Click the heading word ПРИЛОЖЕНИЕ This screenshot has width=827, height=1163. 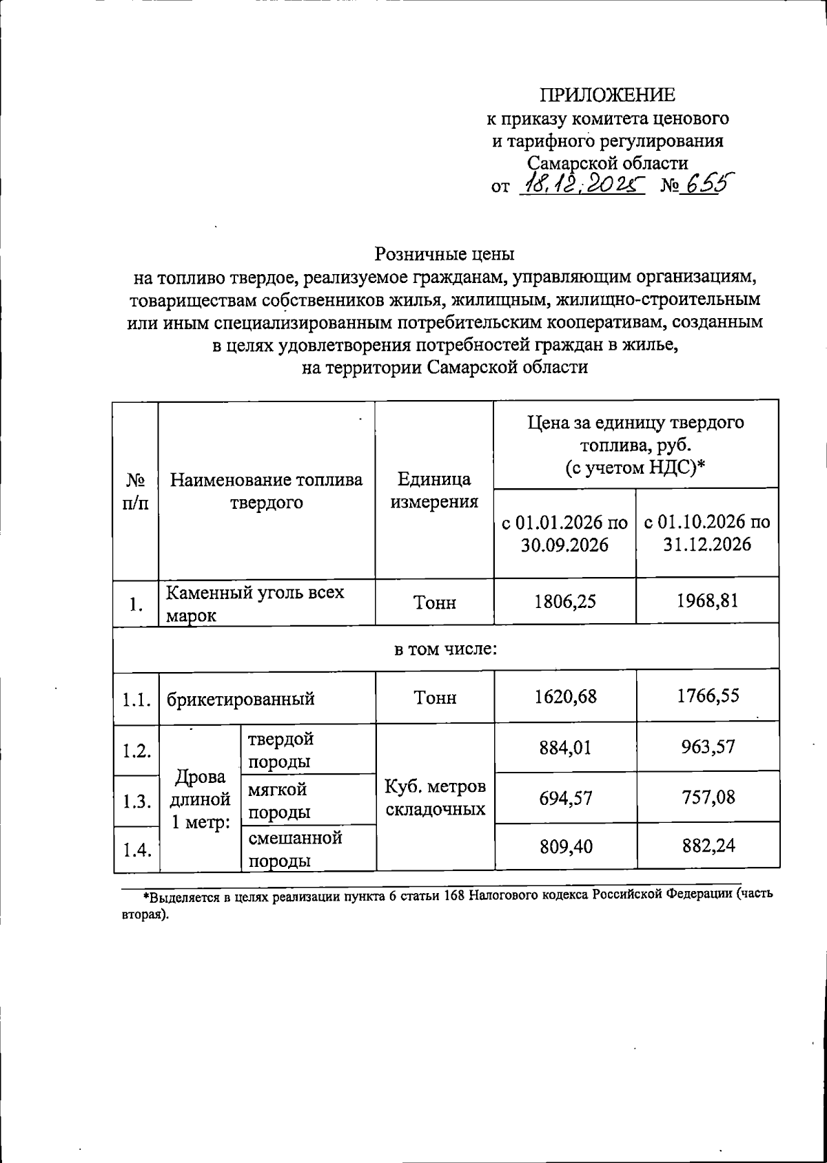tap(607, 95)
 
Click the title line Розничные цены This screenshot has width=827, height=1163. tap(445, 254)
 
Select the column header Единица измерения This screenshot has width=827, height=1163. tap(434, 490)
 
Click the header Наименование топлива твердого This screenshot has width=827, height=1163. tap(266, 490)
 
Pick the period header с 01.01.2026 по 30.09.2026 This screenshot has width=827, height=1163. tap(564, 533)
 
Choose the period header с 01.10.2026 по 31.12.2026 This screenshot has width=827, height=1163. tap(707, 533)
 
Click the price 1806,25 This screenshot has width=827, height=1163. tap(565, 602)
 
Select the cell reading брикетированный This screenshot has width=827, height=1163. tap(241, 699)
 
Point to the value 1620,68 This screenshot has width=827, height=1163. tap(565, 697)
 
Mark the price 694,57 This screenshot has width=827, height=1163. tap(565, 799)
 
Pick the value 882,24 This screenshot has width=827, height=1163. tap(707, 845)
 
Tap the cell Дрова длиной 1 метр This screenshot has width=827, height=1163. tap(200, 799)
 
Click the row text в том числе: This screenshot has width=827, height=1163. tap(445, 649)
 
